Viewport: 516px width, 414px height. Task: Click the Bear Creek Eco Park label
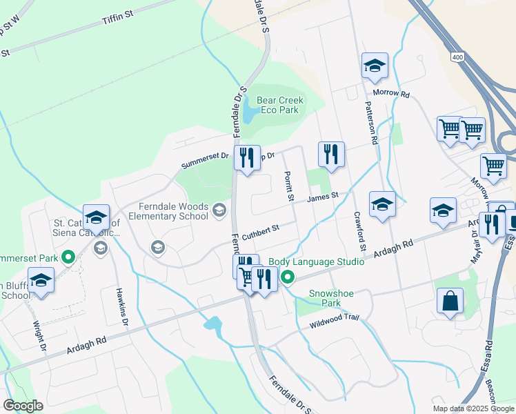pyautogui.click(x=280, y=105)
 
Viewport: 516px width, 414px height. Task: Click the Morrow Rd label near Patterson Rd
pyautogui.click(x=391, y=92)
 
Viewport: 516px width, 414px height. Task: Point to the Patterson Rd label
pyautogui.click(x=372, y=121)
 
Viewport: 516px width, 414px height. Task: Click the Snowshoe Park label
pyautogui.click(x=331, y=298)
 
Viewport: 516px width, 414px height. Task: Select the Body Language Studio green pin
pyautogui.click(x=288, y=277)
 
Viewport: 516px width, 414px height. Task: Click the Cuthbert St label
pyautogui.click(x=259, y=229)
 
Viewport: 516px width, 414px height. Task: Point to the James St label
pyautogui.click(x=322, y=197)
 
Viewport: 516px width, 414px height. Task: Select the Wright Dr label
pyautogui.click(x=41, y=337)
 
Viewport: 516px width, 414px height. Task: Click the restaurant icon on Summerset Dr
pyautogui.click(x=246, y=159)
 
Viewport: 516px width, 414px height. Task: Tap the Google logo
pyautogui.click(x=23, y=406)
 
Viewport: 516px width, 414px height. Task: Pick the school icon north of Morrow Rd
pyautogui.click(x=375, y=66)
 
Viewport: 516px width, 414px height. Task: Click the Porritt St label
pyautogui.click(x=288, y=186)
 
